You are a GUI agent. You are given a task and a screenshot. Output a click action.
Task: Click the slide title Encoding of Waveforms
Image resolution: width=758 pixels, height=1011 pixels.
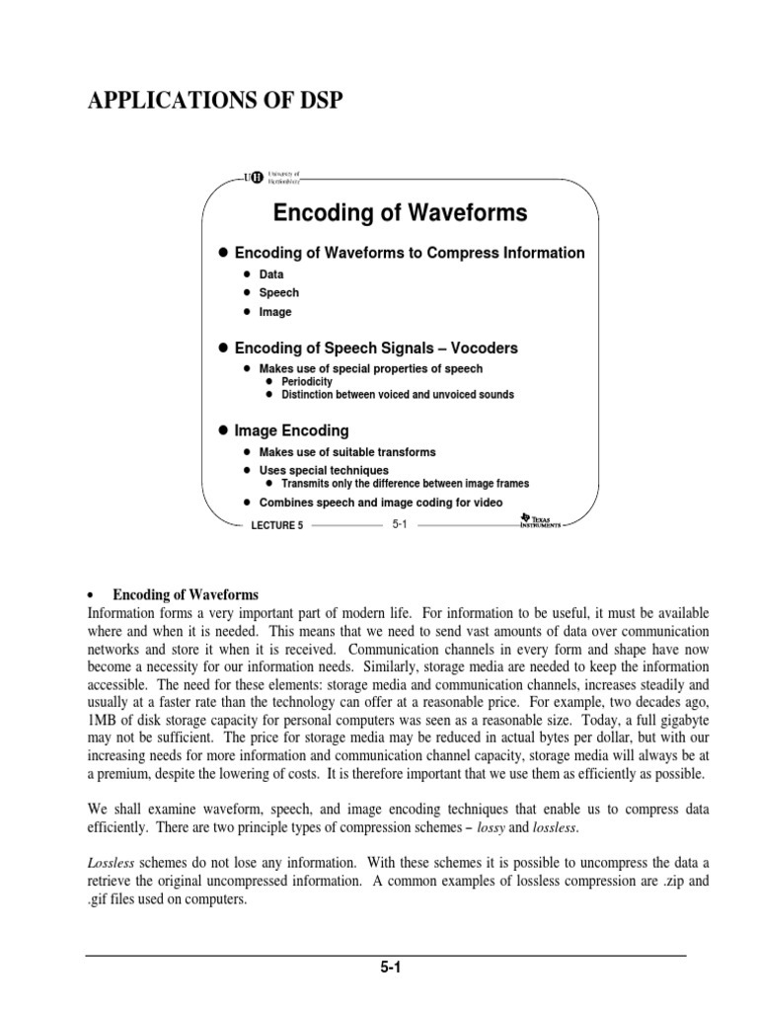coord(400,212)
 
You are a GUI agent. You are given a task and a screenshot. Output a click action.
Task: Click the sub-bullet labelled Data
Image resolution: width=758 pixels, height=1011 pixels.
coord(270,274)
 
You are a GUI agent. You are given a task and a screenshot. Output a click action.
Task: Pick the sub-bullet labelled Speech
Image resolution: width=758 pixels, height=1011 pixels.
coord(278,293)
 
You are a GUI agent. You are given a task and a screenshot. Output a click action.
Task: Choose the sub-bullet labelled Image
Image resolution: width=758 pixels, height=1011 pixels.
coord(275,312)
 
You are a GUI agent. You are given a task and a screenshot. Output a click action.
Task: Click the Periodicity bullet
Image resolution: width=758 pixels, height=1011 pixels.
coord(306,381)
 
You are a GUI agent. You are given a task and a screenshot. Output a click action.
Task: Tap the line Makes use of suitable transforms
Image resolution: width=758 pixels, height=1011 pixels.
coord(346,452)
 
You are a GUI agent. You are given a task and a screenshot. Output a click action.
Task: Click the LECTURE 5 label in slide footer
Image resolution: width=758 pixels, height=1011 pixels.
coord(278,526)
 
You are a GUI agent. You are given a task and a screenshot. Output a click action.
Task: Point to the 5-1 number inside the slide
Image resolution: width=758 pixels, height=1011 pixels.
coord(400,525)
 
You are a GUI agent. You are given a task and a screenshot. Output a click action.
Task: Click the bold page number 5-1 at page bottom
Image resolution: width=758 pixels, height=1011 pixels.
coord(386,969)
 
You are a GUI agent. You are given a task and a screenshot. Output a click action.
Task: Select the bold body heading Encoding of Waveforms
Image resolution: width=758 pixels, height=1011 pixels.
coord(186,595)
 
